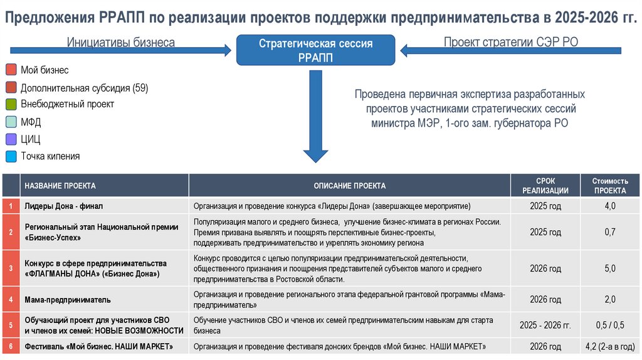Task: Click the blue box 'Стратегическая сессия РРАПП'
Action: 315,50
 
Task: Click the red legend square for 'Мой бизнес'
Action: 11,70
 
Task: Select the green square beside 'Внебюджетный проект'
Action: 11,104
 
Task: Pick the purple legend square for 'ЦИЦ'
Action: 11,139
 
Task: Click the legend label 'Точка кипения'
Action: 50,156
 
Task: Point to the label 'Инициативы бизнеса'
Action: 121,43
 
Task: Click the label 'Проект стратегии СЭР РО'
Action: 511,43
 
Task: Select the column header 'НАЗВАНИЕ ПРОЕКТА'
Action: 60,186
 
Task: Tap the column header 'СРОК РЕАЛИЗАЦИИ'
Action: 545,186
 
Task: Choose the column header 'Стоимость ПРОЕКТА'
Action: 610,186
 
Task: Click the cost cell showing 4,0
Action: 610,206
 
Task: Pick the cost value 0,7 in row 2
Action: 610,232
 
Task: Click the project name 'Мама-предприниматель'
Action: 68,300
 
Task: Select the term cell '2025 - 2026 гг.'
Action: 545,325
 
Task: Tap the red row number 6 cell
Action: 11,346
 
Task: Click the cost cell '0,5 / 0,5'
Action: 610,325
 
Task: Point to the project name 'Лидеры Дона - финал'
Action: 64,206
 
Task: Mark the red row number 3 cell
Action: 11,268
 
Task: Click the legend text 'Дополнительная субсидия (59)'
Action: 84,88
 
